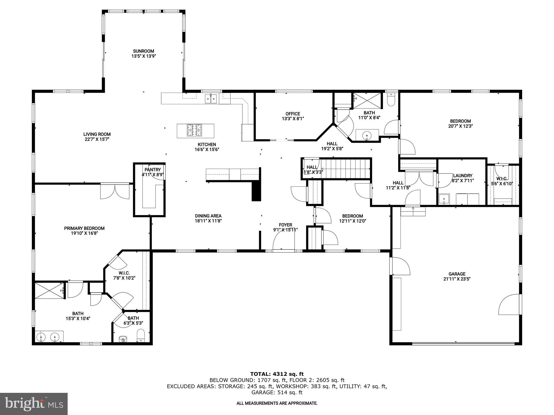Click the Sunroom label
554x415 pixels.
point(144,51)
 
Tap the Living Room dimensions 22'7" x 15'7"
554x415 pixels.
point(97,139)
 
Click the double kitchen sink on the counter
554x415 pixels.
point(211,99)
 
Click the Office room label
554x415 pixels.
point(293,114)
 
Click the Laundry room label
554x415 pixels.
point(463,176)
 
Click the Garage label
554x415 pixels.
point(457,274)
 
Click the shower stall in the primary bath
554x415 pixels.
point(49,290)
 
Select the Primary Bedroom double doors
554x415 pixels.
point(115,191)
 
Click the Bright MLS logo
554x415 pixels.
point(34,404)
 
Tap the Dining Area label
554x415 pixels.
point(208,216)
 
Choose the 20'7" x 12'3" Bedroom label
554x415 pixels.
point(460,121)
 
